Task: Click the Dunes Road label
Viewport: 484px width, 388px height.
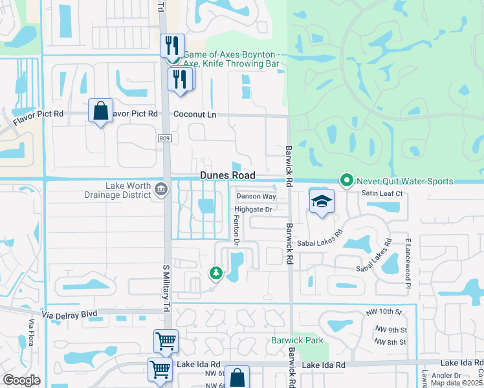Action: tap(227, 175)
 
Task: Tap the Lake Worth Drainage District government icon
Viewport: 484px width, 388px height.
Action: tap(162, 189)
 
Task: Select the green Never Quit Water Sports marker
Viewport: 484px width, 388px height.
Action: tap(347, 180)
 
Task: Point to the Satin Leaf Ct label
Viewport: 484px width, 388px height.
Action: tap(382, 193)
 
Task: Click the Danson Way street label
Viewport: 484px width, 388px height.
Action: tap(256, 196)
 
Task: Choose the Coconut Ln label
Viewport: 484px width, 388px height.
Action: tap(194, 114)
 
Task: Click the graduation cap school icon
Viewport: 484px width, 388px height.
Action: tap(322, 201)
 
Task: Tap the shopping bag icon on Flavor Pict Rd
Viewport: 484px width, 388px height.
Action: tap(101, 111)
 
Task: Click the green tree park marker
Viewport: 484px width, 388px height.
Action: tap(215, 274)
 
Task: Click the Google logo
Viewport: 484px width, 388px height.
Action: tap(21, 380)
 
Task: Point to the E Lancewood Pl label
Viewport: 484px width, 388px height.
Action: tap(408, 263)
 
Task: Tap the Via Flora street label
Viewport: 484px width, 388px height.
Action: tap(30, 332)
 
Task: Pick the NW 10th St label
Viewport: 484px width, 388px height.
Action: tap(391, 312)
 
